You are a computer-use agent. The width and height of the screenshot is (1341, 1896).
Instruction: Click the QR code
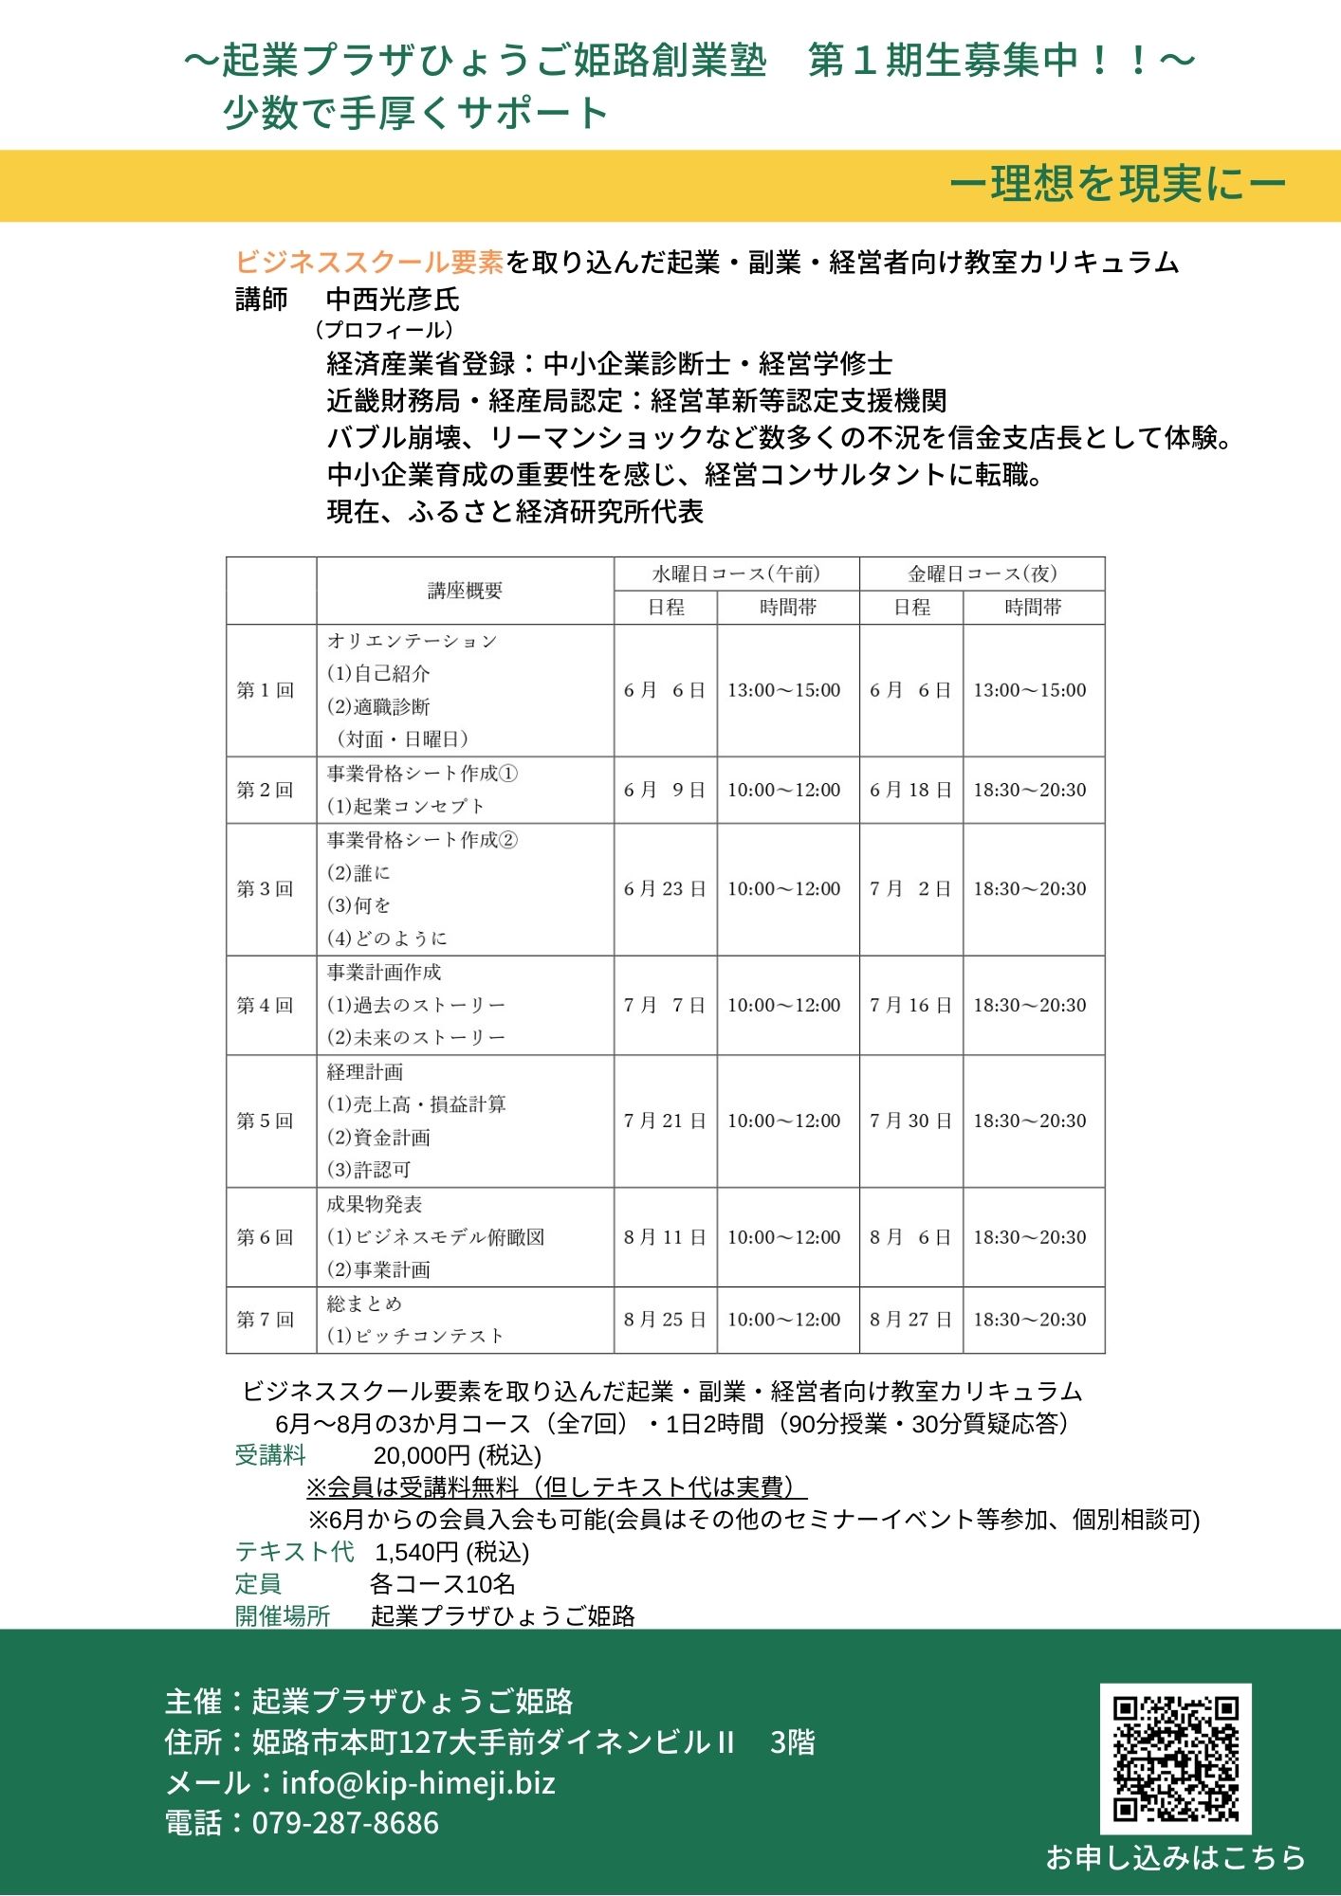click(x=1175, y=1759)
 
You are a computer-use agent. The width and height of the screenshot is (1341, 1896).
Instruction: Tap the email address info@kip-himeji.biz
click(x=418, y=1783)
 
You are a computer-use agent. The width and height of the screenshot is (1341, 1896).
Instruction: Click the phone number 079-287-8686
click(x=345, y=1823)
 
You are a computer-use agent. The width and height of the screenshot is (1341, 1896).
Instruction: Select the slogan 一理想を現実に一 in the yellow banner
click(x=1117, y=184)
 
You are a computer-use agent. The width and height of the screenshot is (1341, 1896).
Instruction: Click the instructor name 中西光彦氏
click(x=393, y=300)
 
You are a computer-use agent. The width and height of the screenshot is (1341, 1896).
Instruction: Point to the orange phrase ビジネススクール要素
click(x=369, y=262)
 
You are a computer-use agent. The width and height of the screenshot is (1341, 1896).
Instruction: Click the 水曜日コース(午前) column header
click(x=736, y=574)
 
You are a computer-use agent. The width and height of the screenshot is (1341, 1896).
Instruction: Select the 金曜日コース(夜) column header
click(x=982, y=574)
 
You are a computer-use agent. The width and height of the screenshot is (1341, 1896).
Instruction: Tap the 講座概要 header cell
click(x=465, y=591)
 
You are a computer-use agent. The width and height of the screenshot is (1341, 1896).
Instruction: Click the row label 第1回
click(x=266, y=690)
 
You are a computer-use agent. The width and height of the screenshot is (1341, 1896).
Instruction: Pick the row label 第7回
click(x=266, y=1319)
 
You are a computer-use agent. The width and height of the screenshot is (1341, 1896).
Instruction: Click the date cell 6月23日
click(x=665, y=889)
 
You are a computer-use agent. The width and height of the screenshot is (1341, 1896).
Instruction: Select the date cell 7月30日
click(x=910, y=1121)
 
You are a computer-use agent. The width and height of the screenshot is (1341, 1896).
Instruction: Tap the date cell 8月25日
click(x=665, y=1319)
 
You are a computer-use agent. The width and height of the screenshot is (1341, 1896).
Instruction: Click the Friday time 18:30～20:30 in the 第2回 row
click(x=1030, y=790)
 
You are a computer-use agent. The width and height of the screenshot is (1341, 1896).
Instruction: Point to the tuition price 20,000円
click(x=422, y=1455)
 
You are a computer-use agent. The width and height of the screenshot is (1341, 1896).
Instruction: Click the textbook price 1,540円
click(x=417, y=1552)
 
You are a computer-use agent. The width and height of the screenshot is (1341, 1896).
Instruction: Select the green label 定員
click(x=258, y=1584)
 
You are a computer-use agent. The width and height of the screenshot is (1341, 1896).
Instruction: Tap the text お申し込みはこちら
click(x=1175, y=1857)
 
